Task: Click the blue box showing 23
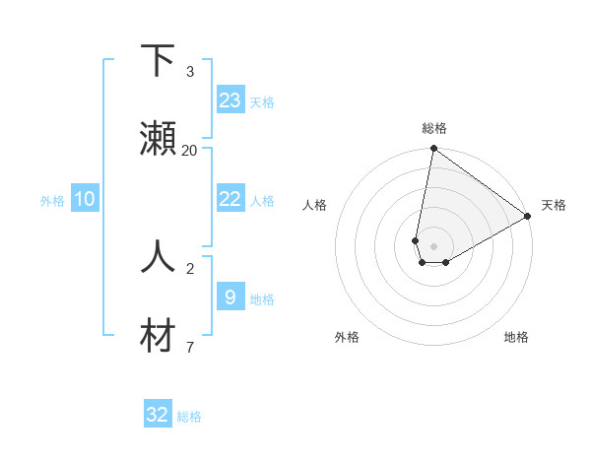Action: click(230, 100)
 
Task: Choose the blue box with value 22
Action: click(230, 199)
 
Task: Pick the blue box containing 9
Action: click(230, 297)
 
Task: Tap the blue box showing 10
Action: click(85, 199)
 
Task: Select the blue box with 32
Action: click(158, 415)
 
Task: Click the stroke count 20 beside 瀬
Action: click(190, 151)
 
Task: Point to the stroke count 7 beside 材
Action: click(190, 346)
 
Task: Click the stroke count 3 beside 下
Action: click(190, 72)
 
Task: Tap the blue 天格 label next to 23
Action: click(262, 102)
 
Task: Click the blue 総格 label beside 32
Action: click(189, 417)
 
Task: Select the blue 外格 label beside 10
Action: click(52, 201)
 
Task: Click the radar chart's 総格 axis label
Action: click(434, 128)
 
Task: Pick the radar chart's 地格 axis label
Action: click(516, 337)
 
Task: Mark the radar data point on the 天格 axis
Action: click(528, 217)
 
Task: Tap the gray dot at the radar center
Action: click(434, 246)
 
